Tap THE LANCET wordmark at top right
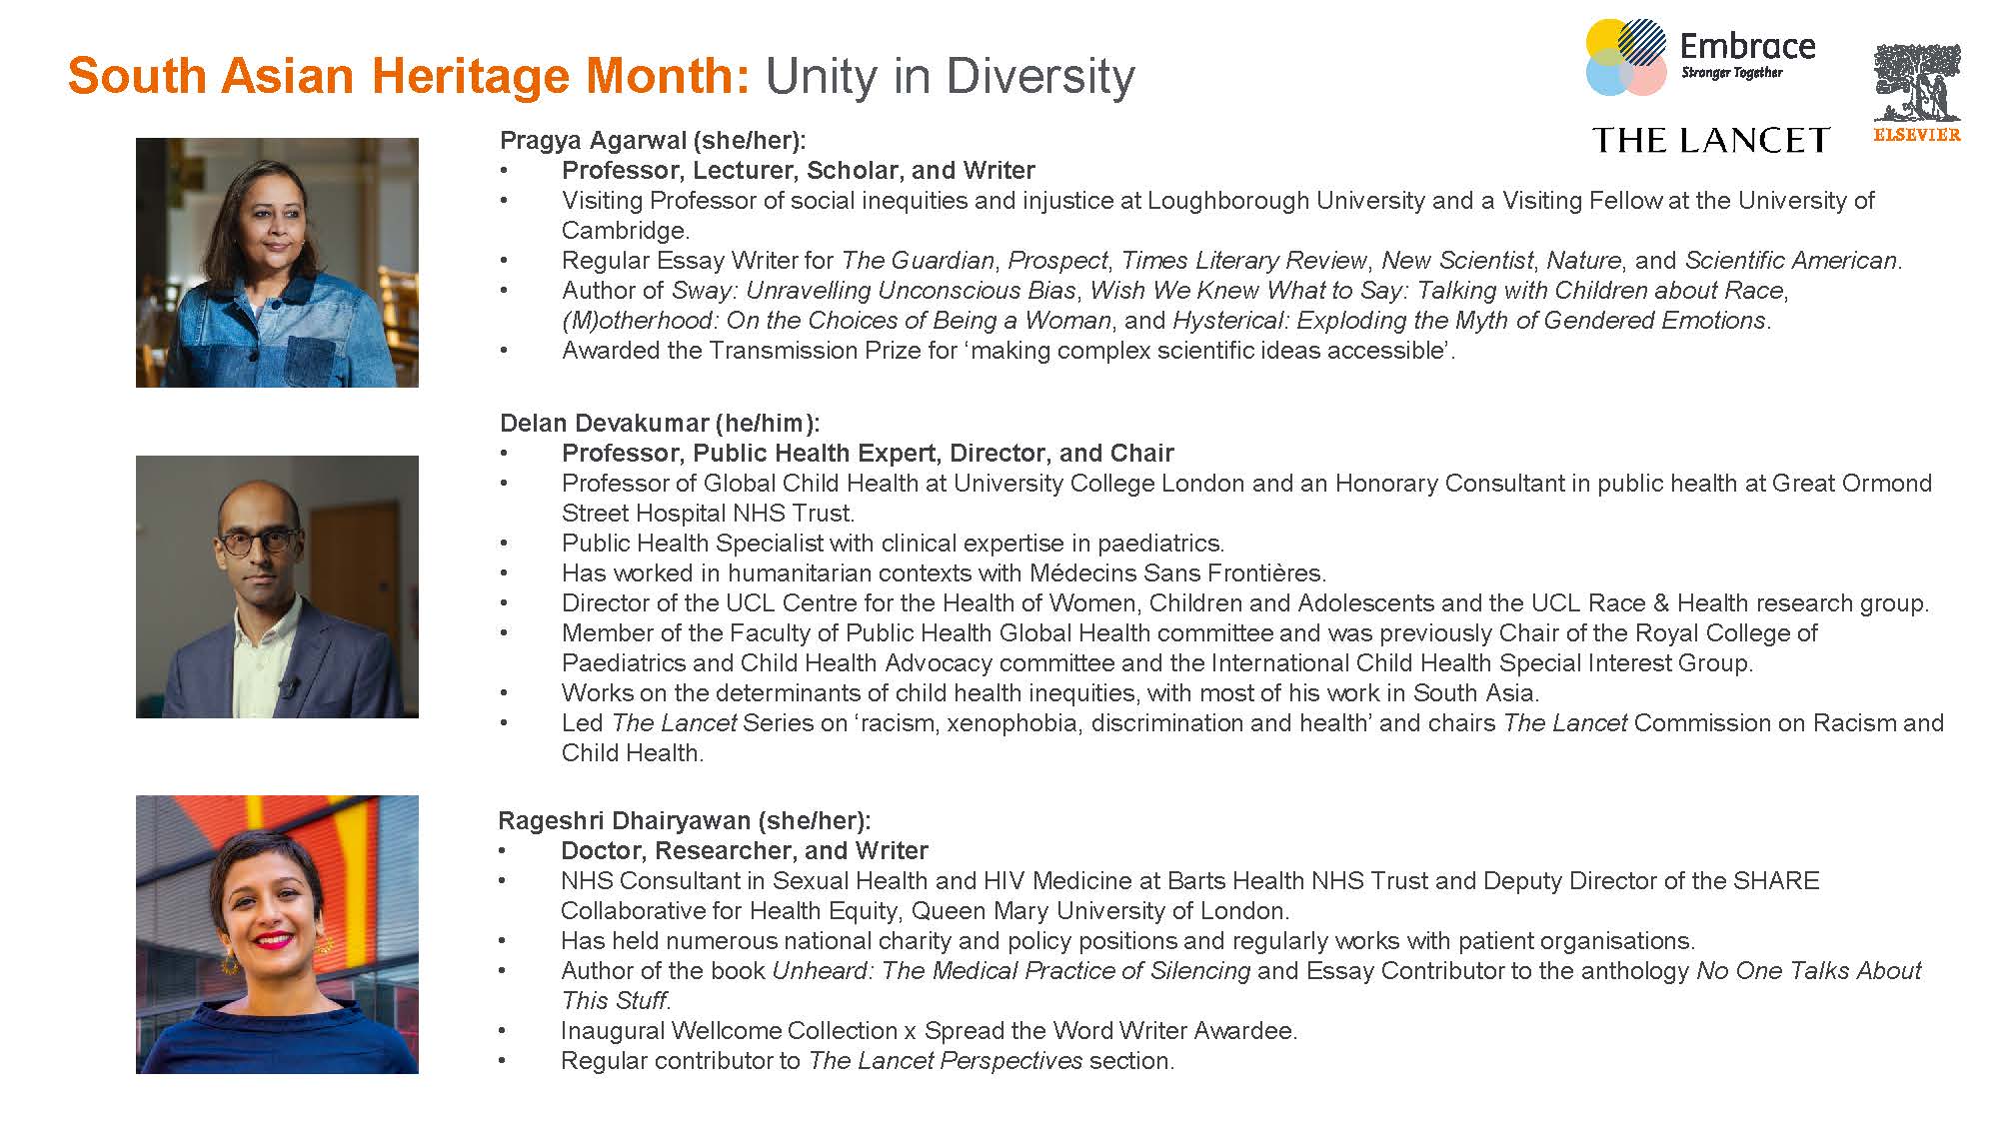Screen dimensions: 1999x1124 1711,141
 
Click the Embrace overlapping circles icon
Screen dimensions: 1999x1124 1626,57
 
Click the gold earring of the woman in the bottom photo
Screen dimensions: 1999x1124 230,963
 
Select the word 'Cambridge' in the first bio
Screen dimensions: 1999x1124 624,231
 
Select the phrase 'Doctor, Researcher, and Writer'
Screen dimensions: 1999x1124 745,851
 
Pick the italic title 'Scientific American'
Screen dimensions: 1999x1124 1790,261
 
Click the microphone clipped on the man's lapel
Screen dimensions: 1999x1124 290,686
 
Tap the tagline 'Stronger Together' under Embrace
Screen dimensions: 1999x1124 1732,73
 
